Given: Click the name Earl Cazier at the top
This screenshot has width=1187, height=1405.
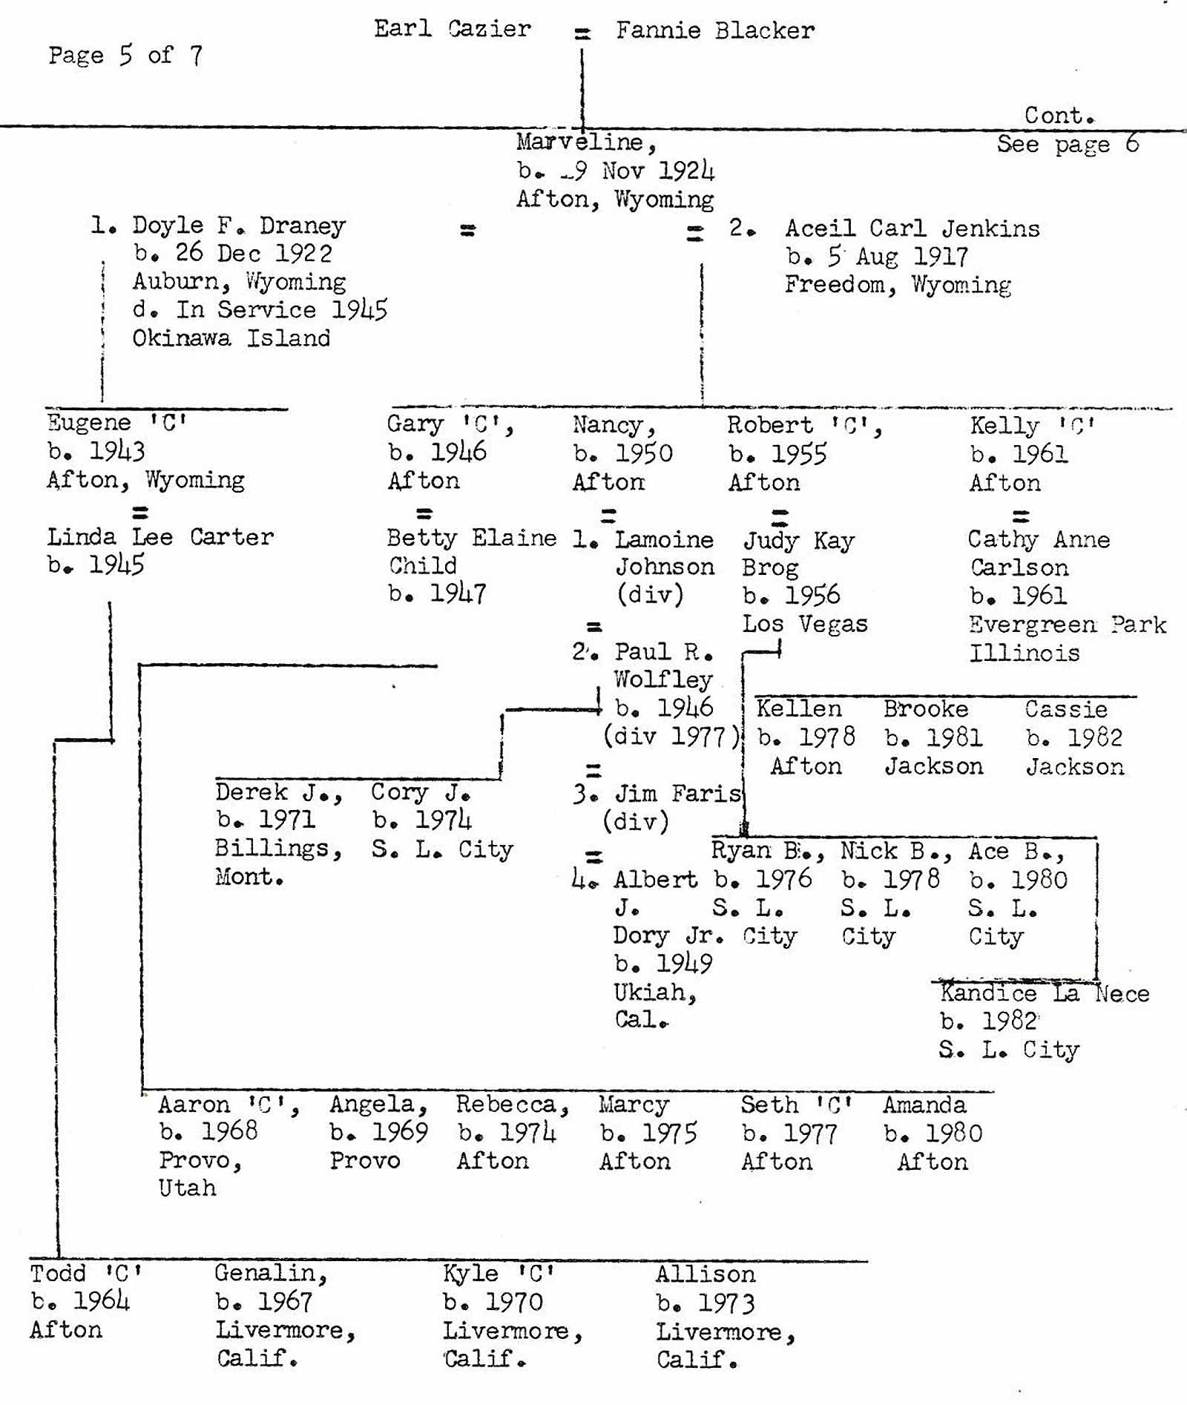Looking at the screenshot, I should pos(452,29).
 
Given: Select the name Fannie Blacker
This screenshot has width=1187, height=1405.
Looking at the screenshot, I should pos(715,30).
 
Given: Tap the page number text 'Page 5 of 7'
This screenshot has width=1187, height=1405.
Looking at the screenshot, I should pos(125,55).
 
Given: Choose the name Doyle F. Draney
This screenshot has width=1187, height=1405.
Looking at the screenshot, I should pos(238,226).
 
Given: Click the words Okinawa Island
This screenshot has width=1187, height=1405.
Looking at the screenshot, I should pos(231,338).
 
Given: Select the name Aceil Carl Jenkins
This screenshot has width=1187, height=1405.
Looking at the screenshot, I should pos(912,228).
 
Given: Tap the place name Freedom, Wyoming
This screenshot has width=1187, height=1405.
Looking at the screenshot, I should pos(898,285).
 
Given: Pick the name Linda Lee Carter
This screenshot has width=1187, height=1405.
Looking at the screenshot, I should pos(160,536).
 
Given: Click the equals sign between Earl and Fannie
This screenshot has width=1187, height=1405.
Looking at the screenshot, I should pos(582,33).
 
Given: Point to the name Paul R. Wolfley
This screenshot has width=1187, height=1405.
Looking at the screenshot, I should pos(663,665).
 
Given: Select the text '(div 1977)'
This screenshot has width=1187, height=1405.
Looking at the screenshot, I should pos(671,736).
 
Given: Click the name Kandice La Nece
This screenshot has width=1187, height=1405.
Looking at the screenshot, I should pos(1044,993).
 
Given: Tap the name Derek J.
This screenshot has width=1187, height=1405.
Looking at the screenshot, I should pos(278,792).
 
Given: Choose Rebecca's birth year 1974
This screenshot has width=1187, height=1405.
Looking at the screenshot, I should pos(527,1132).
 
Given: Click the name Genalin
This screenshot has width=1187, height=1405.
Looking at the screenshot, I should pos(270,1273).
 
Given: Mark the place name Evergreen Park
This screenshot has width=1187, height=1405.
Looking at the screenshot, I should pos(1067,625).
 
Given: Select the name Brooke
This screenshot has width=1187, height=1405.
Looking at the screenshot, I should pos(925,709).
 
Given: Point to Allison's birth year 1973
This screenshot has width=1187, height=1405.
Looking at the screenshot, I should pos(726,1303).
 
